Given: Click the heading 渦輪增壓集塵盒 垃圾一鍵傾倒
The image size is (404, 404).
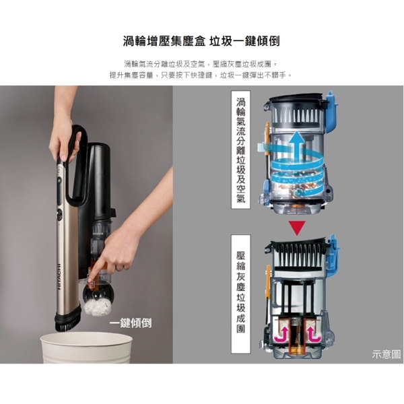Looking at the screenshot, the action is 201,41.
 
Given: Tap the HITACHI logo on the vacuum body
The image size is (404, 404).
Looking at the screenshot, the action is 59,277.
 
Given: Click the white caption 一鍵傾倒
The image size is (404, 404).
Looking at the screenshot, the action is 131,323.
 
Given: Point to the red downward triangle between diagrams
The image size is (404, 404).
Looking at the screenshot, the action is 297,228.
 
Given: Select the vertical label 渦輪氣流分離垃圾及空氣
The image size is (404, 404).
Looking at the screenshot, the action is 241,149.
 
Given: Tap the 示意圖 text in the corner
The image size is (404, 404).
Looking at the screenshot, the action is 386,354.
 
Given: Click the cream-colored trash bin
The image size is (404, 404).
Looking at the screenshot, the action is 86,347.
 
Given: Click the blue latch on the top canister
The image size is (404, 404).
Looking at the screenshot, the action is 331,111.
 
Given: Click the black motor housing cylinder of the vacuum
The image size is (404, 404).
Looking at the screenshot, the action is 98,180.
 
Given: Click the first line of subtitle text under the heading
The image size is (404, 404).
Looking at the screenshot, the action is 201,64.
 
